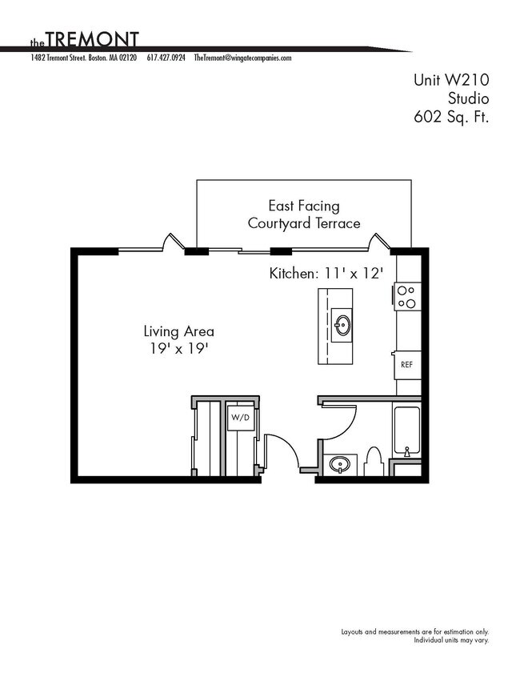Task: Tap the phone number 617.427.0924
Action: (166, 58)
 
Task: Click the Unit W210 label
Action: (450, 80)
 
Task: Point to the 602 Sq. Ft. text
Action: (450, 117)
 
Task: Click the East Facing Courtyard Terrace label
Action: (304, 214)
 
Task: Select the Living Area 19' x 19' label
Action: (178, 339)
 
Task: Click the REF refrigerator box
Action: (406, 364)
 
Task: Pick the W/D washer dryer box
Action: (240, 418)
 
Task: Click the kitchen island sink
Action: (343, 326)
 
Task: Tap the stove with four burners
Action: (406, 296)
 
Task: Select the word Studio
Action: (467, 98)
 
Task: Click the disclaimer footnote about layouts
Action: (414, 635)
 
